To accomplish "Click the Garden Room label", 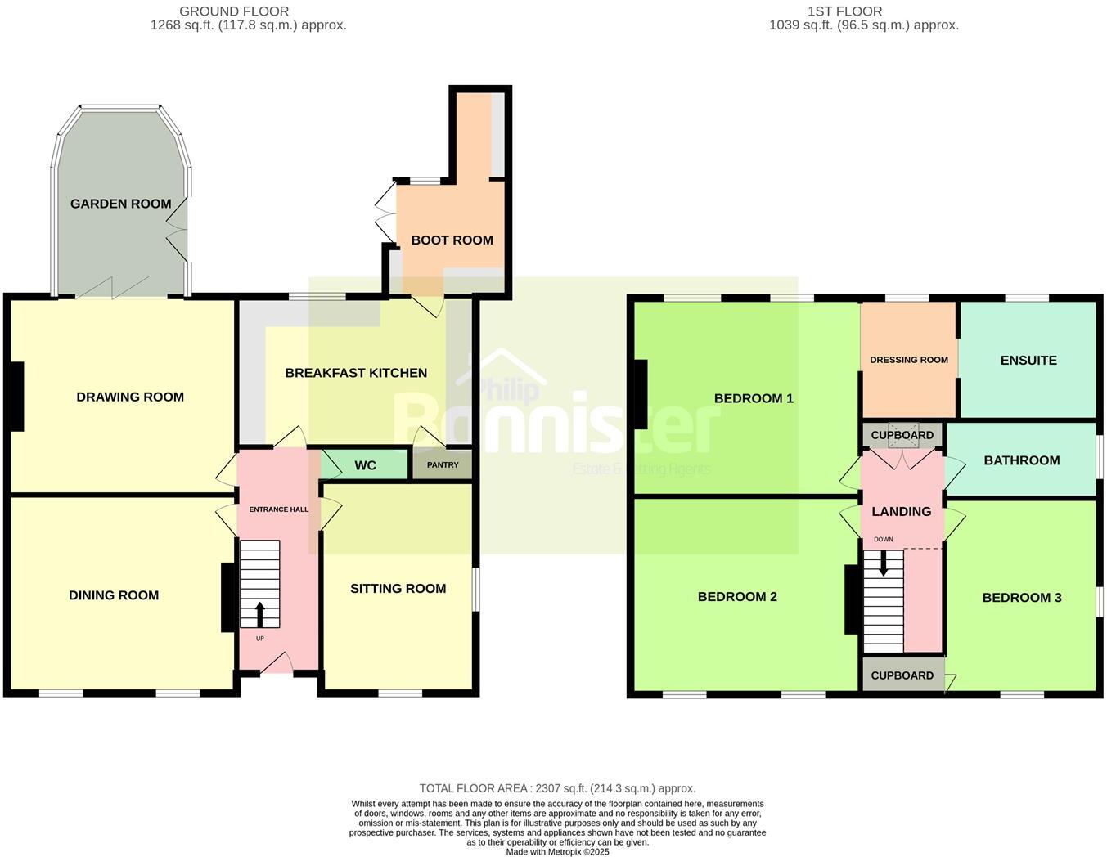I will (121, 204).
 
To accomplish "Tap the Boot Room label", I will (452, 240).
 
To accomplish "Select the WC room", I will (365, 465).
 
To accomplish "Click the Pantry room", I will (443, 464).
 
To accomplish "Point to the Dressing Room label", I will (909, 360).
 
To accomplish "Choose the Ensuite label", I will (1028, 360).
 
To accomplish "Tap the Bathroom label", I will (1022, 460).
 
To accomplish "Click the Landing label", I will (901, 511).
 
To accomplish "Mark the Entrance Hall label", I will (279, 509).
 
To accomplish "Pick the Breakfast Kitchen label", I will (356, 373).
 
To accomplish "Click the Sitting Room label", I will (398, 588).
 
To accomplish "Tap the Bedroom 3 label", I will (1022, 598).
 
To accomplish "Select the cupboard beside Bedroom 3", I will (902, 675).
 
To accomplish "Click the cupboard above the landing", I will (902, 435).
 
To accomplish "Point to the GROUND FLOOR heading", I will (234, 11).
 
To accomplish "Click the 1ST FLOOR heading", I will (845, 11).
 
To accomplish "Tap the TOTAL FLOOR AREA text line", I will (557, 788).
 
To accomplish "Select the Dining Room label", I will (114, 595).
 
